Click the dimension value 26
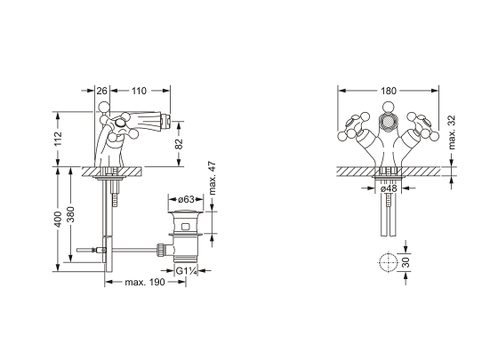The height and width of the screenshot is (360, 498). click(101, 91)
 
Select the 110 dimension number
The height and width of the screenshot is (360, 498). click(139, 91)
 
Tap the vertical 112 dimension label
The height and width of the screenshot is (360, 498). click(58, 139)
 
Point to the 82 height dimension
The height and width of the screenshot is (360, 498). click(179, 144)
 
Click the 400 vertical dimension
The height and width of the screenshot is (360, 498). click(58, 219)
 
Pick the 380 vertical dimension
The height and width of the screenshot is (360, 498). click(70, 214)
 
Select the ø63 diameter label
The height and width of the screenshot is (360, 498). click(186, 199)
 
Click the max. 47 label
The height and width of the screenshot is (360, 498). click(213, 179)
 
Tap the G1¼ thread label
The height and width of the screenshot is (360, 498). click(187, 271)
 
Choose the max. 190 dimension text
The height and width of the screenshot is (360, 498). click(145, 282)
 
